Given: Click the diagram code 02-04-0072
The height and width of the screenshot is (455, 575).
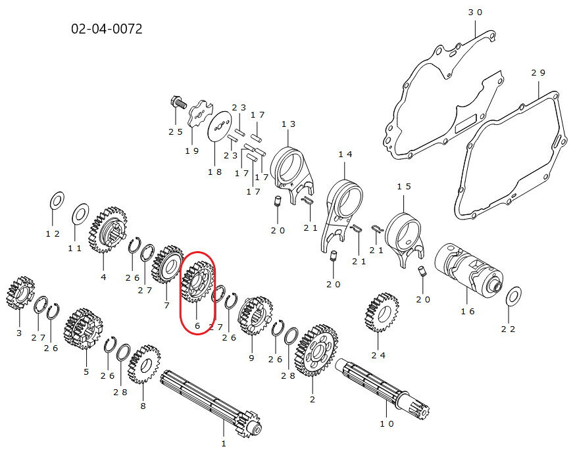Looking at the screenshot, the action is pos(107,28).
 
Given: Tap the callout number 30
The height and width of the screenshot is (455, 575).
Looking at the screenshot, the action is pos(475,12).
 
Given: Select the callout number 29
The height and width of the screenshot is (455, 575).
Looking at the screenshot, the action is pos(538,73).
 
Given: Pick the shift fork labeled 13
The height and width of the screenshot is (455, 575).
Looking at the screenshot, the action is pos(293,172).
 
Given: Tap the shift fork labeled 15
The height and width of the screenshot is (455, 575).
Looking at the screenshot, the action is pos(405,237).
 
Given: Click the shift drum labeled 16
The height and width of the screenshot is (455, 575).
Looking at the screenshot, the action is pos(468,267).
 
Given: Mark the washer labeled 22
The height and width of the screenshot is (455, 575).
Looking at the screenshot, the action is pos(513,296).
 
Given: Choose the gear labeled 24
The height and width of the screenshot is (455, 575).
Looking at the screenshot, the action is pos(382,312).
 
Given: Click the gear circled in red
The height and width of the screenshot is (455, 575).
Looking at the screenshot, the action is pos(197,281).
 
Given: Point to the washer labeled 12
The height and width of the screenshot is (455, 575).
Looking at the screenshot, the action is pos(57,201).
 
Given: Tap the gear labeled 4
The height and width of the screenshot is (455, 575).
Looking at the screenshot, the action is pos(108,230).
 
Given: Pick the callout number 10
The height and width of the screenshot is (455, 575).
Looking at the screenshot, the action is pos(386,424).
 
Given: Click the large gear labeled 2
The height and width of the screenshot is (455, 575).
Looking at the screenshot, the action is pos(316,350).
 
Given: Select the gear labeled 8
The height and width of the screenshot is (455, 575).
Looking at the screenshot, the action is pos(144,364).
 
